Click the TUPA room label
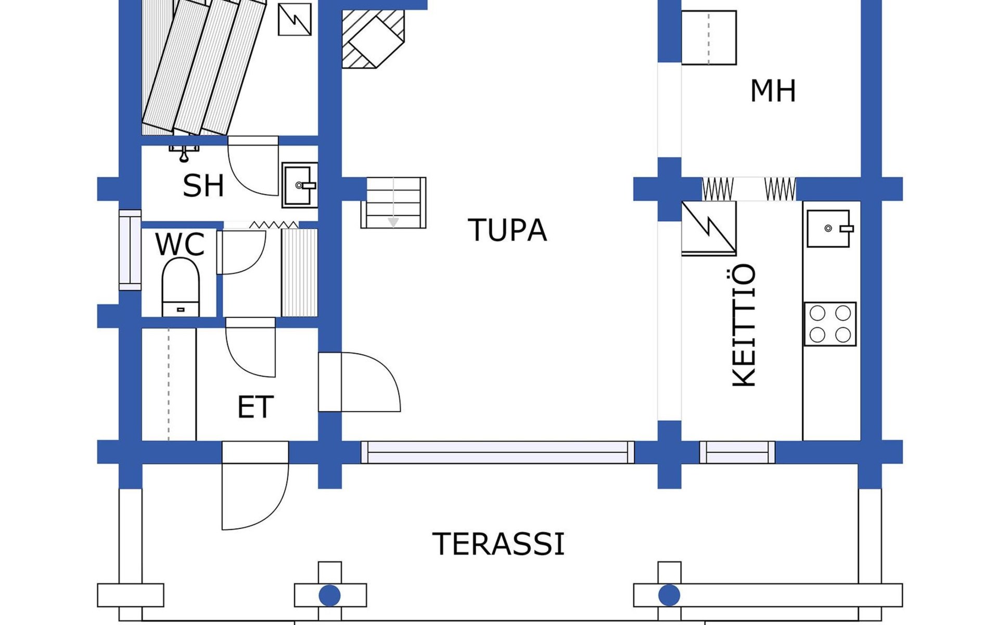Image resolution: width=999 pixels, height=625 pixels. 507,230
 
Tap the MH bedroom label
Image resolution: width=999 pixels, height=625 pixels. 773,91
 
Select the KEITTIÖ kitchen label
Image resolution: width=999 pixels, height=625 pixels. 744,326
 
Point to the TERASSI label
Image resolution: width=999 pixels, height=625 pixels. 498,544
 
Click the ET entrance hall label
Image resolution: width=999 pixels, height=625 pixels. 255,407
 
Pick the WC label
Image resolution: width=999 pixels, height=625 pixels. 180,244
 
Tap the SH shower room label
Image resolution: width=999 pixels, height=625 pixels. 203,185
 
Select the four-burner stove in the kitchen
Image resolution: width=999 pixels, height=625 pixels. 830,324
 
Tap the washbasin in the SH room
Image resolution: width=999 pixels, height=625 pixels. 300,185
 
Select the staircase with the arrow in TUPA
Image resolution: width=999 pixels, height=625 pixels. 393,203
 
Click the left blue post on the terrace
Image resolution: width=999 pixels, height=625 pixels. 329,595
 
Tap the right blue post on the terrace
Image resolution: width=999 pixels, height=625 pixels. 669,595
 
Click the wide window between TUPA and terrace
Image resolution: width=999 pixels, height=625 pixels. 498,452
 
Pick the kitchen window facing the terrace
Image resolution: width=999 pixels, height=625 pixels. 737,452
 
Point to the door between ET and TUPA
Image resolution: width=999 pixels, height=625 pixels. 359,382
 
